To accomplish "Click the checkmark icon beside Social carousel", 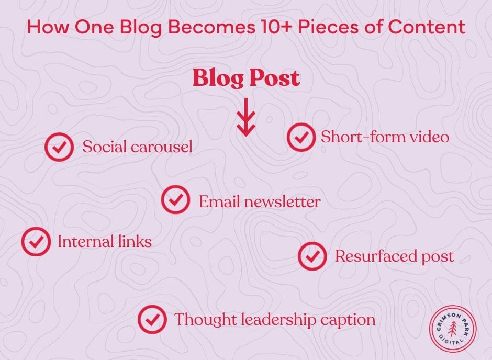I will [59, 147].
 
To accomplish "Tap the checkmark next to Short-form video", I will [301, 137].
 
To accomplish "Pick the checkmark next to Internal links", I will [36, 241].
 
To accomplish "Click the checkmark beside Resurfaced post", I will [312, 256].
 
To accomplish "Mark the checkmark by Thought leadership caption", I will [152, 319].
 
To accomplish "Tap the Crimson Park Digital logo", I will [453, 329].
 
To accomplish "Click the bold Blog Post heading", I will [246, 78].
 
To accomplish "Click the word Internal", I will [85, 241].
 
